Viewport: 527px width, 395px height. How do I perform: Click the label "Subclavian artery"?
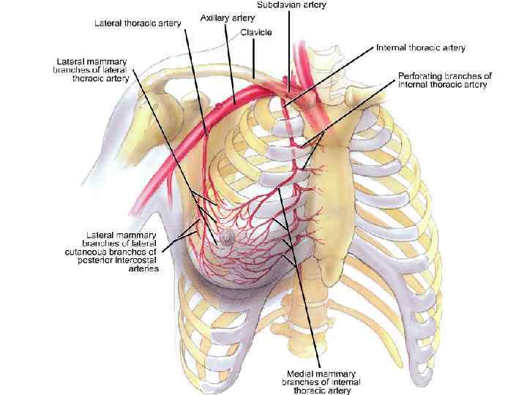pyautogui.click(x=292, y=4)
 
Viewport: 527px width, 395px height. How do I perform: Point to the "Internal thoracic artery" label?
pyautogui.click(x=421, y=48)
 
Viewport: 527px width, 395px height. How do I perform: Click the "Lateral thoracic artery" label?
pyautogui.click(x=138, y=23)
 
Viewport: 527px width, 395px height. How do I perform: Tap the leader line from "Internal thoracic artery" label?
pyautogui.click(x=329, y=76)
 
